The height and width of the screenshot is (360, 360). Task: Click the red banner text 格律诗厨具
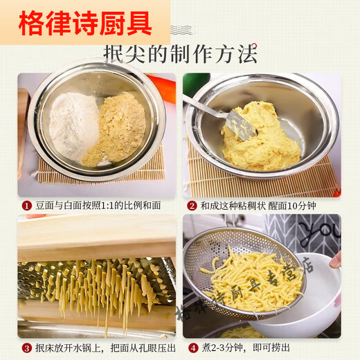tap(84, 22)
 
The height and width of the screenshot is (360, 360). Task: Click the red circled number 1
tap(26, 206)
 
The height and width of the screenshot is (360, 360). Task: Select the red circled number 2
tap(192, 206)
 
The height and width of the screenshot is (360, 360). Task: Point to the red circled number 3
tap(26, 348)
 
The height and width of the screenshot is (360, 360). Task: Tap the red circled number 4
tap(192, 348)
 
